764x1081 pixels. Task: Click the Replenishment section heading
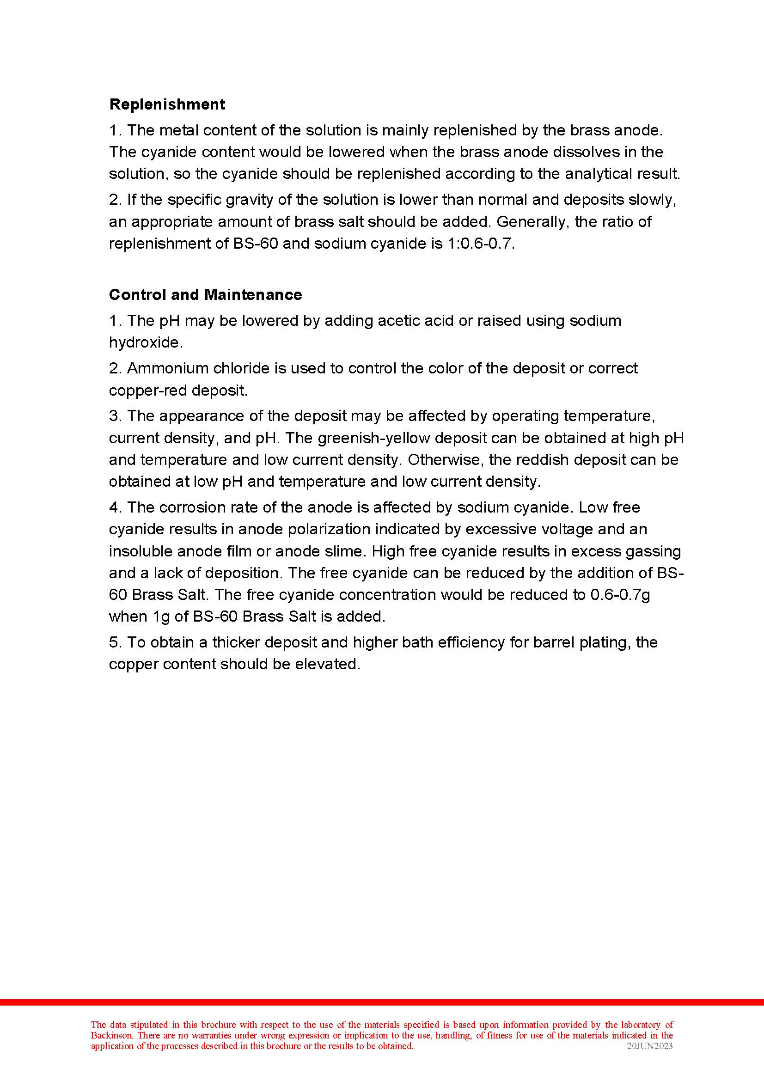pos(167,104)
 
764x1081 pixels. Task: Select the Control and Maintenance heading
pos(205,295)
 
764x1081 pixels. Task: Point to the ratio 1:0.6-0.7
pos(477,244)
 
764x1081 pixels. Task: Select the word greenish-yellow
pos(374,438)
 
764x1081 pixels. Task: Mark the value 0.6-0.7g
pos(620,595)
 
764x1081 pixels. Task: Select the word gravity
pos(244,200)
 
